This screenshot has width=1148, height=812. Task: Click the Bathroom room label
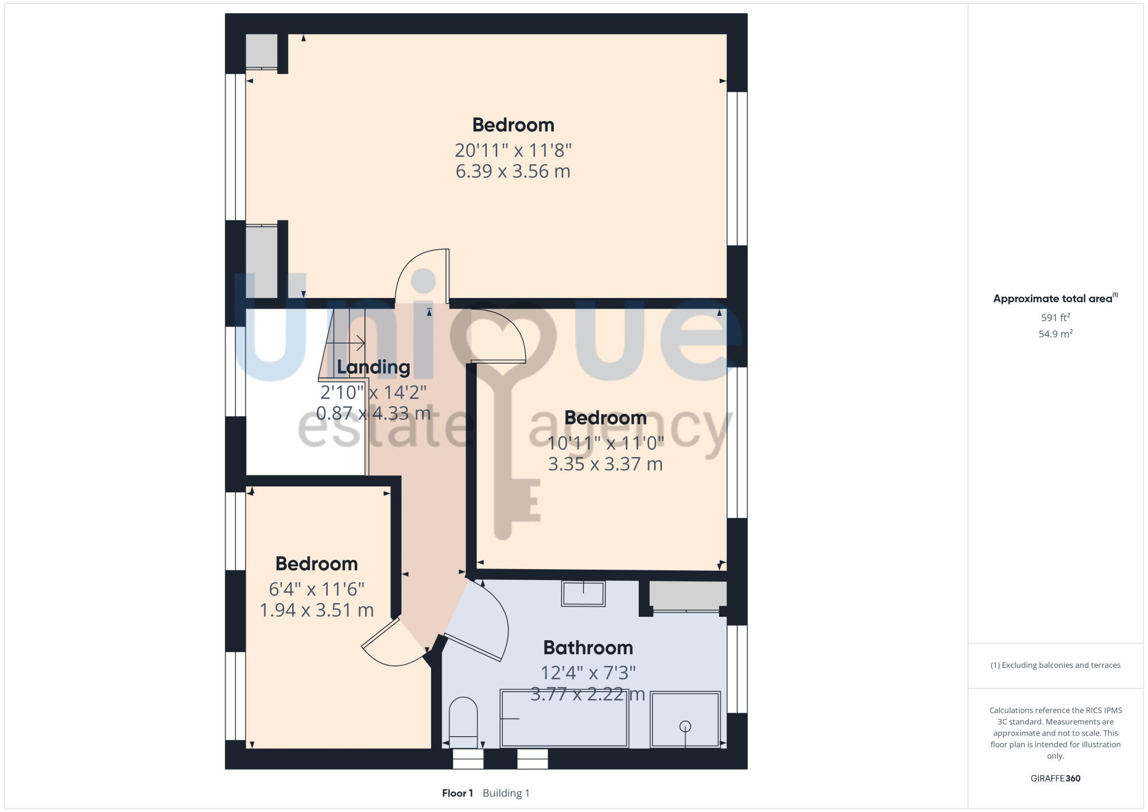(x=588, y=648)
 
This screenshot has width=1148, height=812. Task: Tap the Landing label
(x=373, y=367)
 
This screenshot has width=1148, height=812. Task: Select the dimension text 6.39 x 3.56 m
(x=513, y=171)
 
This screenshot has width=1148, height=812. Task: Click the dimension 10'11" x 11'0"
(x=605, y=443)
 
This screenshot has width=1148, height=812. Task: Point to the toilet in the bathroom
(x=463, y=720)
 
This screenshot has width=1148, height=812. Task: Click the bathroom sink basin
(x=583, y=593)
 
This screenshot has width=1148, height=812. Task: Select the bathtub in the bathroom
(x=564, y=718)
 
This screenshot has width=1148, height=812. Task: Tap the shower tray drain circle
(x=685, y=726)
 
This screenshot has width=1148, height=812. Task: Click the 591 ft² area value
(x=1055, y=318)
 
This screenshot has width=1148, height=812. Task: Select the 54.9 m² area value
(x=1055, y=334)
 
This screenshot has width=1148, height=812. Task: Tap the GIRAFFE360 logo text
(x=1055, y=779)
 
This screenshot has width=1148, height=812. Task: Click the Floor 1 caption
(x=457, y=793)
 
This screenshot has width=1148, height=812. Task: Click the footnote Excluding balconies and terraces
(x=1055, y=665)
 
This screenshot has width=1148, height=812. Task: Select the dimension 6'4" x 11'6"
(x=316, y=589)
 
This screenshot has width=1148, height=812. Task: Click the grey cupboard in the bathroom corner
(x=688, y=595)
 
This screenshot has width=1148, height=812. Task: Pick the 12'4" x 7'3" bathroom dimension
(x=588, y=672)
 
